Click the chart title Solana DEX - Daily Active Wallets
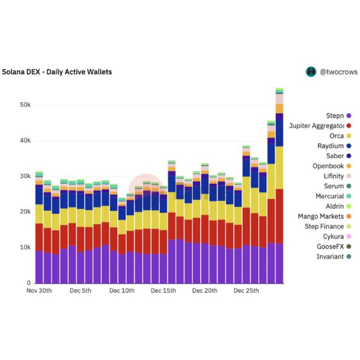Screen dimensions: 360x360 [57, 72]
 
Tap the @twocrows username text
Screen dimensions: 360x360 [338, 72]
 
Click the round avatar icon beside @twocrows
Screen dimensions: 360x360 [311, 72]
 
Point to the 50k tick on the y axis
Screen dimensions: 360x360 [25, 105]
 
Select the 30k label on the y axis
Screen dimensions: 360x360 [25, 176]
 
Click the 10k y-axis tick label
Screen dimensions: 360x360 [25, 247]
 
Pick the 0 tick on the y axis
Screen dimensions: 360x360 [29, 283]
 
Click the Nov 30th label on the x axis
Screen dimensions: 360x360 [39, 291]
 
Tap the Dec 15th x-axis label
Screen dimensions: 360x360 [163, 291]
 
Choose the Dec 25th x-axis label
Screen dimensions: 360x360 [246, 291]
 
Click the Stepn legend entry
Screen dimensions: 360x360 [335, 116]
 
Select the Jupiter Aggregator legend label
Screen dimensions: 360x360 [316, 126]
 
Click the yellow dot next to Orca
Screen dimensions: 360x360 [349, 136]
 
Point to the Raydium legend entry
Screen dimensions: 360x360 [331, 146]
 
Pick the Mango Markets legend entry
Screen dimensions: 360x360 [321, 216]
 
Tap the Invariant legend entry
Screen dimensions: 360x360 [330, 256]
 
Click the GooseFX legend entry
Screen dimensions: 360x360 [330, 247]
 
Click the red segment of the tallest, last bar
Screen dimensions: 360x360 [279, 216]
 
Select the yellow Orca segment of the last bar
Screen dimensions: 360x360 [279, 167]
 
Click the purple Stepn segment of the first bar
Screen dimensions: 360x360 [39, 267]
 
